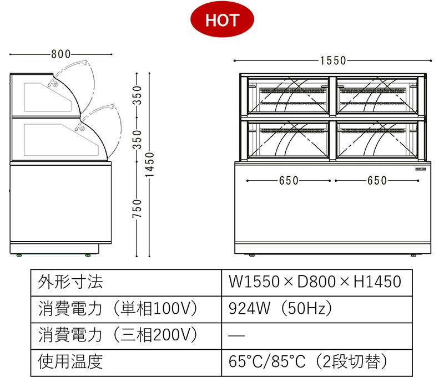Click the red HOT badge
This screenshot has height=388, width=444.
[x=222, y=20]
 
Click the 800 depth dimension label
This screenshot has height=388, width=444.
[x=60, y=54]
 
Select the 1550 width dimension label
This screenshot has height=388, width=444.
[x=333, y=60]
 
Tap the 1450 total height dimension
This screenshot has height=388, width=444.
[x=149, y=165]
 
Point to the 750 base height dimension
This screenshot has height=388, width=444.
[x=137, y=208]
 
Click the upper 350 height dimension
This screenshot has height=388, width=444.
[x=137, y=95]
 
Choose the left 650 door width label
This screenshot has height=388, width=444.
[x=289, y=181]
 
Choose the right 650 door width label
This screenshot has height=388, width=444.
[x=377, y=181]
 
